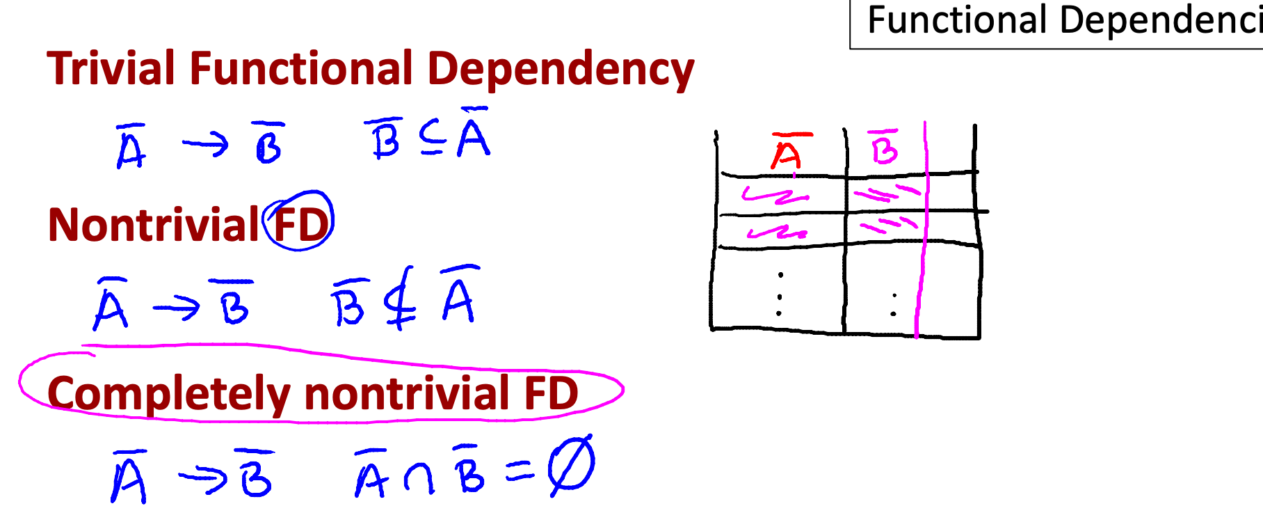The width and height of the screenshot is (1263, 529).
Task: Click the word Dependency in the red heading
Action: [560, 70]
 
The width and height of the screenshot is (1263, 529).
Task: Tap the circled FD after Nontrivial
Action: [300, 223]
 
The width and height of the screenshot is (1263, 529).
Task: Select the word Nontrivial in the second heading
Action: [154, 225]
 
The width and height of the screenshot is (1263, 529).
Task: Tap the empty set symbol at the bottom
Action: [570, 465]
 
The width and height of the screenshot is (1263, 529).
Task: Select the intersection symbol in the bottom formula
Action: [419, 478]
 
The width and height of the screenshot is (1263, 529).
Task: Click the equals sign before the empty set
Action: [520, 473]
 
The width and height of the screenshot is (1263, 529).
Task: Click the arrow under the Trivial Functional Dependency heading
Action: [205, 145]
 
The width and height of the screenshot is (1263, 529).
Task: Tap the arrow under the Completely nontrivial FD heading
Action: [202, 478]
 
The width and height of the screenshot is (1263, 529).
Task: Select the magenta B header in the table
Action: [884, 148]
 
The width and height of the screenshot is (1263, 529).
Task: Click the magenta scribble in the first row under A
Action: [771, 195]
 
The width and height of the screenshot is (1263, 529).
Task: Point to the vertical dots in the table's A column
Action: [780, 294]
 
